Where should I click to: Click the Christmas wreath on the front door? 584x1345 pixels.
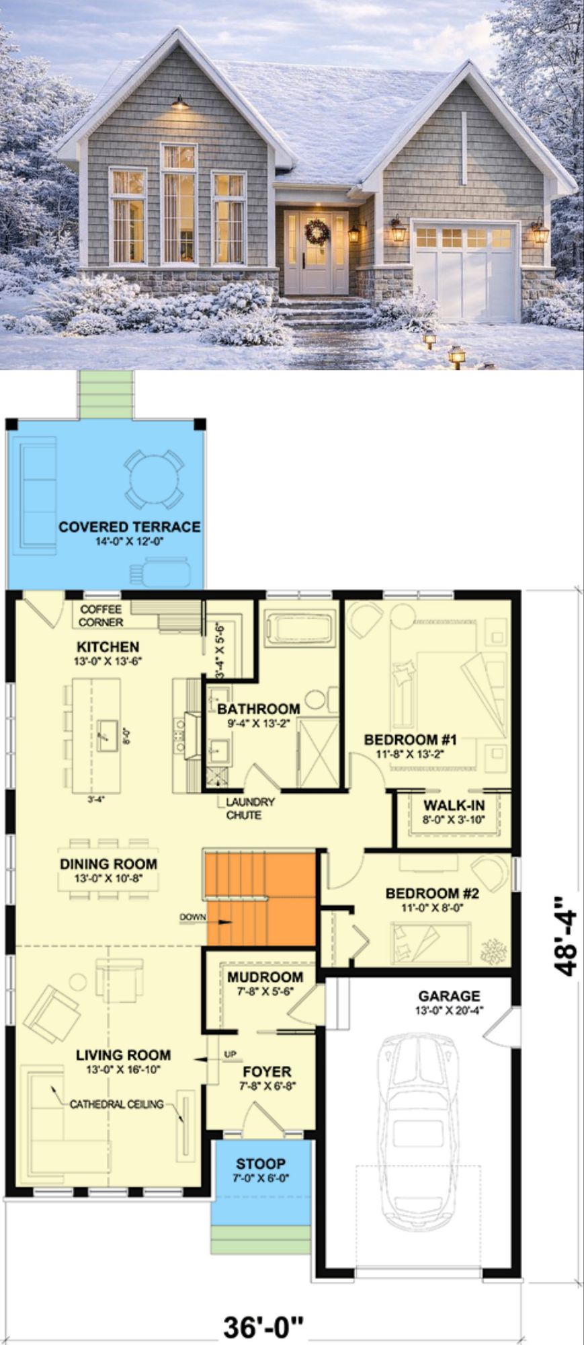point(317,232)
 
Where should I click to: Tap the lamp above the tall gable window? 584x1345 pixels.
point(179,102)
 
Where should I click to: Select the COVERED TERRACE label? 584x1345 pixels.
point(130,527)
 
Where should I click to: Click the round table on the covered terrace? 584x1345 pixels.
point(155,479)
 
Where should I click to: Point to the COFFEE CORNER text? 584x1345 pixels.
point(101,615)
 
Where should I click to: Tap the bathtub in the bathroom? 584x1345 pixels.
point(299,628)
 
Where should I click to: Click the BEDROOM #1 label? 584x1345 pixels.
point(411,740)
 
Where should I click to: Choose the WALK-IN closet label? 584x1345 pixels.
point(454,805)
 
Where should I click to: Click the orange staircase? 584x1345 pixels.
point(260,898)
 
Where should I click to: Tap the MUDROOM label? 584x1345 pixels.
point(265,977)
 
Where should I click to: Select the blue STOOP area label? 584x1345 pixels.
point(261,1163)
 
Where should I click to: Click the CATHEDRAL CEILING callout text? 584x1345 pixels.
point(117,1104)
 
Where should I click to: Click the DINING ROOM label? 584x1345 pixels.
point(109,864)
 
